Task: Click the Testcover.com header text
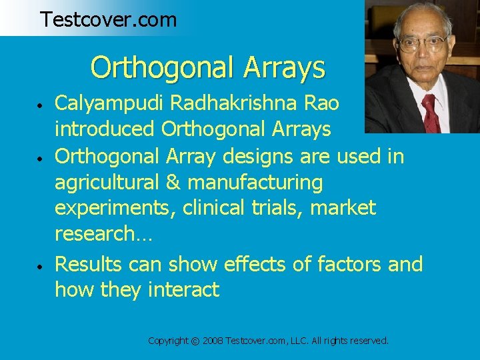[108, 19]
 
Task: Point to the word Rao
[321, 103]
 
